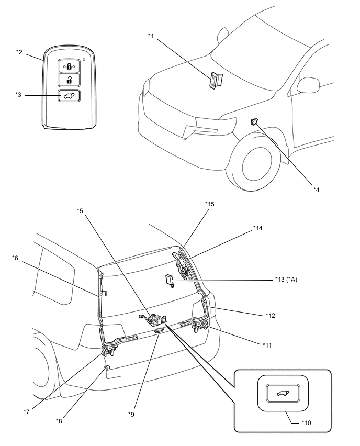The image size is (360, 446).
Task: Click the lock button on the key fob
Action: click(x=69, y=66)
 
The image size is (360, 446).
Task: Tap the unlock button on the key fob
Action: click(x=69, y=80)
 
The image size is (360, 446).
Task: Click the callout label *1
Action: click(x=151, y=36)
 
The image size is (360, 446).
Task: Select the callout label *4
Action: click(x=316, y=189)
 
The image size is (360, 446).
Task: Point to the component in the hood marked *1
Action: click(x=216, y=80)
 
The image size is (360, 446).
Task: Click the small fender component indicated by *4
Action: click(x=253, y=121)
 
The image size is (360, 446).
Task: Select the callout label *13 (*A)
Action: click(x=286, y=280)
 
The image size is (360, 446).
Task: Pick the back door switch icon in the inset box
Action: click(x=283, y=394)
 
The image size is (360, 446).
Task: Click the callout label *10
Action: click(x=306, y=423)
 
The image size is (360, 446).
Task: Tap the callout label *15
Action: click(x=210, y=204)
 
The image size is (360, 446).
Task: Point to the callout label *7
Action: click(x=27, y=412)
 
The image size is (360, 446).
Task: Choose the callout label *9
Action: click(x=131, y=415)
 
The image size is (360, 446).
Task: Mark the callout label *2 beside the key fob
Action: click(x=19, y=52)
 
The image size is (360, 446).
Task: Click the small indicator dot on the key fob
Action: click(x=84, y=60)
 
